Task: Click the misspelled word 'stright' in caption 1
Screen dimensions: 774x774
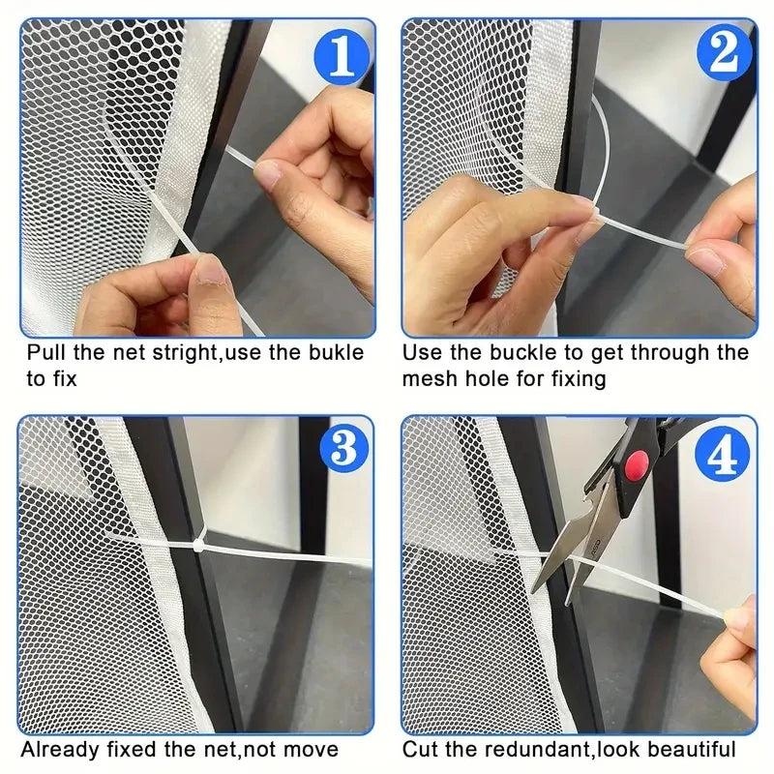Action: pyautogui.click(x=188, y=352)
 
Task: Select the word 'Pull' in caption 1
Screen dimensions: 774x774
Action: pyautogui.click(x=45, y=352)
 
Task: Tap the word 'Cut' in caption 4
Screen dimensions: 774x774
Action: pyautogui.click(x=421, y=749)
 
